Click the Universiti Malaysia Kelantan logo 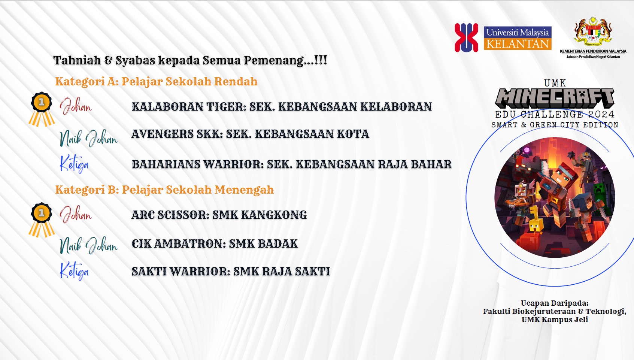point(503,38)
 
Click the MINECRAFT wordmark point(555,98)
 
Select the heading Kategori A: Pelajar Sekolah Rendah point(156,82)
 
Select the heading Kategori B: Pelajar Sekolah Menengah point(164,190)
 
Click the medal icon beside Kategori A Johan point(42,109)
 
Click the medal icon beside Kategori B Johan point(42,220)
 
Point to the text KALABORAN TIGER point(188,107)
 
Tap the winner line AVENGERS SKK point(250,134)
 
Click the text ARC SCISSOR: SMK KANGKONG point(219,215)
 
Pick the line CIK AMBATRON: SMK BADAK point(215,244)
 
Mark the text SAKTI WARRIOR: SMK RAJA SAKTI point(231,272)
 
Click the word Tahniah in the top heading point(77,60)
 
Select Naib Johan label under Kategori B point(88,245)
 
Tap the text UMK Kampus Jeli point(555,320)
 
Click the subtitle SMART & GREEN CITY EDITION point(555,125)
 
